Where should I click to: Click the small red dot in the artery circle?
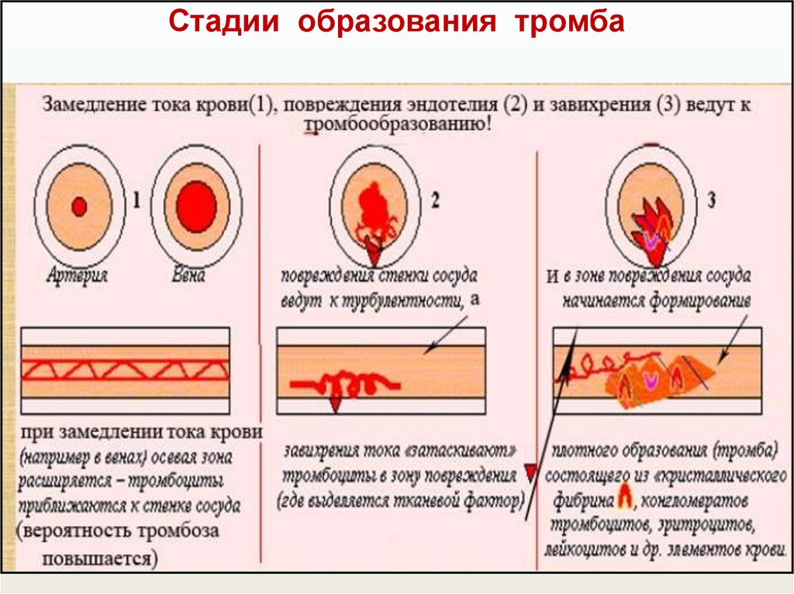tap(78, 206)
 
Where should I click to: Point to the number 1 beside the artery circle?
tap(136, 202)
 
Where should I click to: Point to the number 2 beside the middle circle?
tap(435, 201)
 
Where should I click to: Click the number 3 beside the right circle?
tap(710, 201)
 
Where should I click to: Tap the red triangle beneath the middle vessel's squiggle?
tap(336, 403)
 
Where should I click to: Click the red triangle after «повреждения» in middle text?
tap(530, 472)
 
